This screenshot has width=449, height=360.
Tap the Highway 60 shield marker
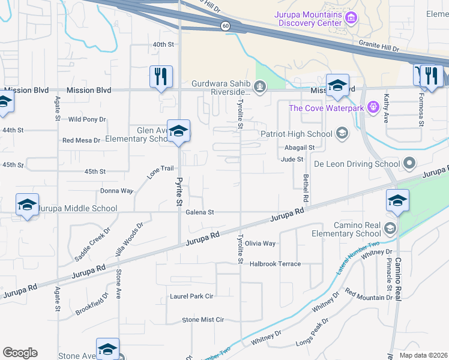[224, 26]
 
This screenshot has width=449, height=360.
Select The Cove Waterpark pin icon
[373, 107]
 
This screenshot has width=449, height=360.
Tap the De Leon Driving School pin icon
[410, 163]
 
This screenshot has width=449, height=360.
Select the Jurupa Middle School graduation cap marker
[28, 205]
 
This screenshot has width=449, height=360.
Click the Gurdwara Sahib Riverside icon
[260, 88]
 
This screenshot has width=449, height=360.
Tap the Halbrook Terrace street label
[275, 264]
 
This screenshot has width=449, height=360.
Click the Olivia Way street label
[260, 244]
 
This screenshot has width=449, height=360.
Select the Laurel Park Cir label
[192, 296]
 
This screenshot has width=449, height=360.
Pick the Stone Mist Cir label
[203, 320]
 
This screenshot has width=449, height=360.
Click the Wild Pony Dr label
[88, 119]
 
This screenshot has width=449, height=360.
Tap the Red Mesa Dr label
[84, 140]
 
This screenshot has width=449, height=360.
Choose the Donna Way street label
[116, 191]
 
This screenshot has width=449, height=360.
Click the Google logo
[20, 353]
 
